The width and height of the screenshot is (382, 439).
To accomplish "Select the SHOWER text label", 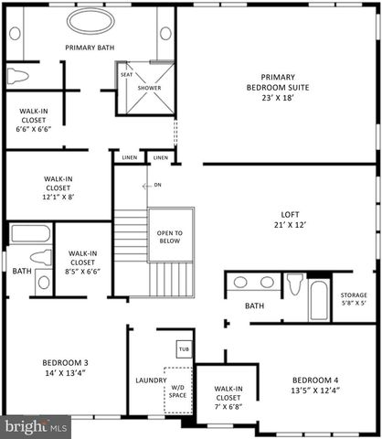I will pyautogui.click(x=149, y=89).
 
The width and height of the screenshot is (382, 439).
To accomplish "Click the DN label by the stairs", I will pyautogui.click(x=156, y=185).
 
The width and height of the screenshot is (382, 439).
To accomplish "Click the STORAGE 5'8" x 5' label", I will pyautogui.click(x=353, y=298).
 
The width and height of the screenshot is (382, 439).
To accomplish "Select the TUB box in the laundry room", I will pyautogui.click(x=183, y=349).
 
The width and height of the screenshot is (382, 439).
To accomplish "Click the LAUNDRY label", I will pyautogui.click(x=150, y=380).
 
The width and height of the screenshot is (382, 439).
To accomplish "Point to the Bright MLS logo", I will pyautogui.click(x=36, y=426).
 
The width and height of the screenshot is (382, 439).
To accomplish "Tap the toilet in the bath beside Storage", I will pyautogui.click(x=295, y=281).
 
